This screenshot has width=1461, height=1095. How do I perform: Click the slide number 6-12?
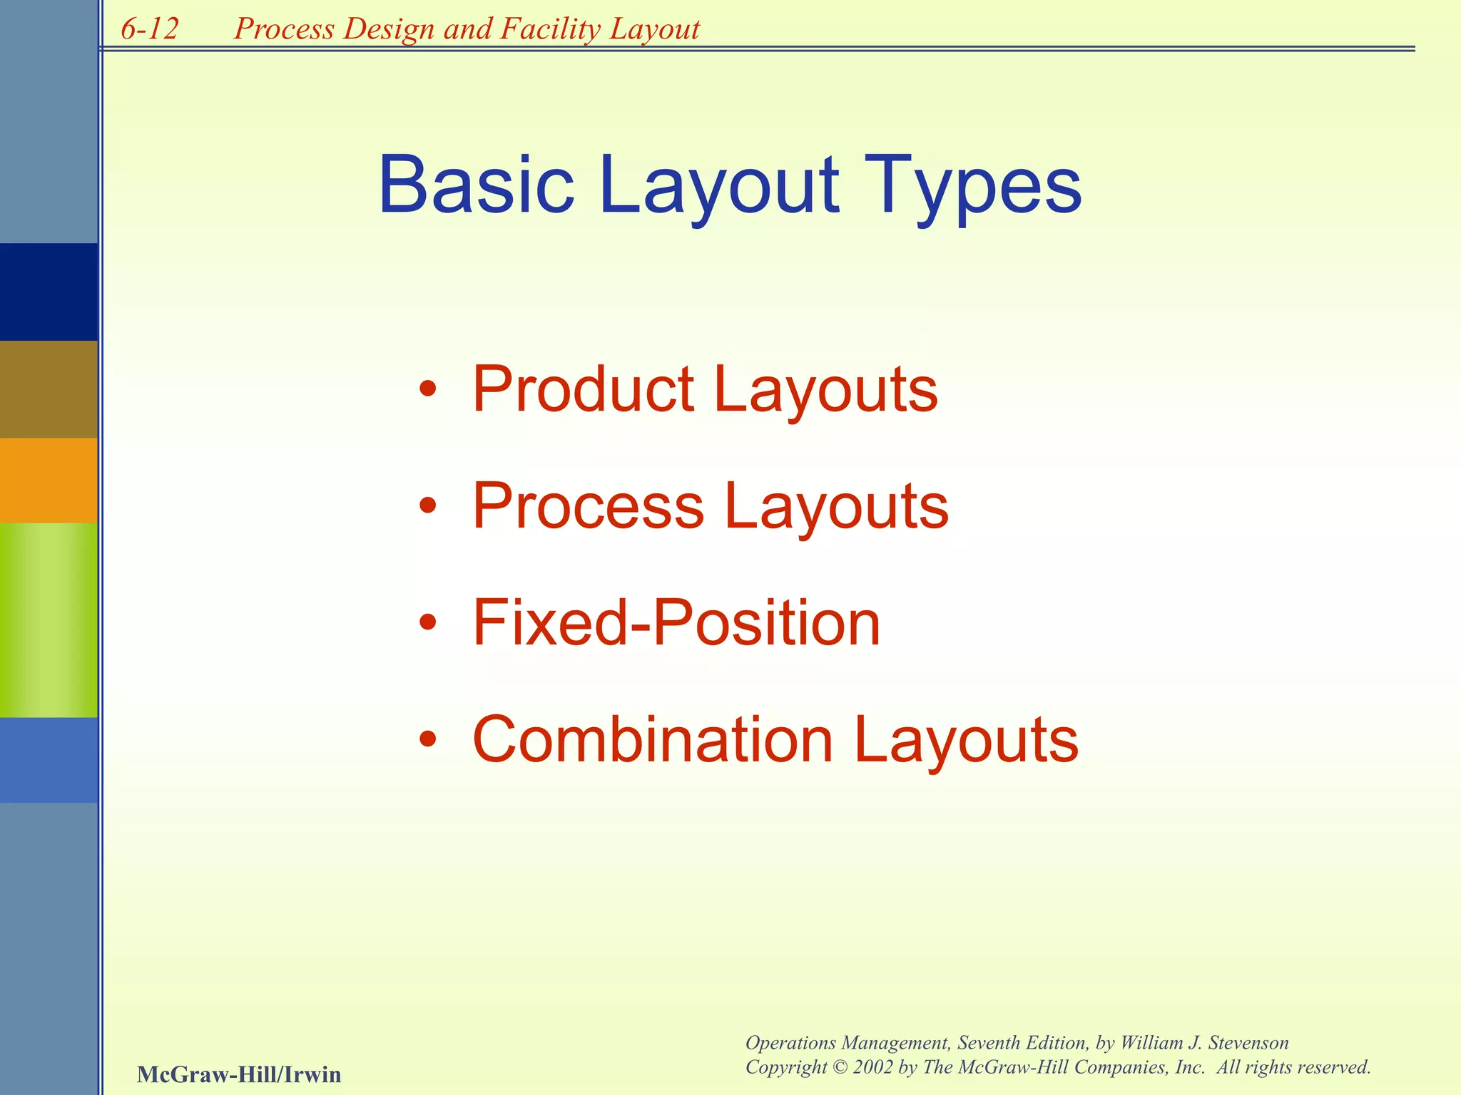tap(149, 29)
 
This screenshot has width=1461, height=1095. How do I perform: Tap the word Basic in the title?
tap(476, 185)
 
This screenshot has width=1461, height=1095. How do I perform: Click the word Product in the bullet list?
tap(583, 389)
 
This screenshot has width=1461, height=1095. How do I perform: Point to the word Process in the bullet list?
tap(588, 506)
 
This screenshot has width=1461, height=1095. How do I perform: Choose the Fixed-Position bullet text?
tap(676, 623)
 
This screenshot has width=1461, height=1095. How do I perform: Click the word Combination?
tap(652, 740)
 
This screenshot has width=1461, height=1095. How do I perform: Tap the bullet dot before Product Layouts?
tap(427, 389)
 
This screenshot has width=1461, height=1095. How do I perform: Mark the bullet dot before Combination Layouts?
tap(427, 740)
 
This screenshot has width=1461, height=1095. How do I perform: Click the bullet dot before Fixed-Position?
tap(427, 623)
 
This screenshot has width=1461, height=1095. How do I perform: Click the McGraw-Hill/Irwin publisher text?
tap(238, 1074)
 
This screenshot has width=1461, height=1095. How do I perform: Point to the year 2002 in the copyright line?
tap(873, 1068)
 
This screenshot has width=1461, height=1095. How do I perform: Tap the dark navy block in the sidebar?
tap(49, 292)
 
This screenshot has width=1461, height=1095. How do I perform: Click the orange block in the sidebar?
tap(49, 480)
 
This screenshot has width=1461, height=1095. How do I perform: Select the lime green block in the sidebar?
tap(49, 620)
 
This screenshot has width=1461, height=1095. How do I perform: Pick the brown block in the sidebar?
tap(49, 389)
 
